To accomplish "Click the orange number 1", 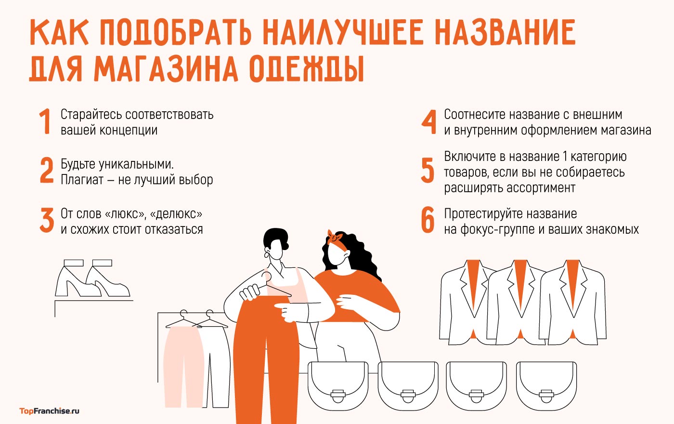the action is [x=45, y=121].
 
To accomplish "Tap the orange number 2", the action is [x=47, y=171].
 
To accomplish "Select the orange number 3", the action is [x=47, y=220].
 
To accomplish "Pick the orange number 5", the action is [x=428, y=171].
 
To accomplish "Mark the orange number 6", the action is [x=428, y=220].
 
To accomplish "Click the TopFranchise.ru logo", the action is [x=49, y=411].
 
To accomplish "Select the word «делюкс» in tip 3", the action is [x=176, y=214].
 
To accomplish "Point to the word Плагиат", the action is [x=82, y=180].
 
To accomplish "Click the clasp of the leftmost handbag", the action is [x=337, y=395].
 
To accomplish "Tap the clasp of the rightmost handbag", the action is [x=546, y=395].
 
